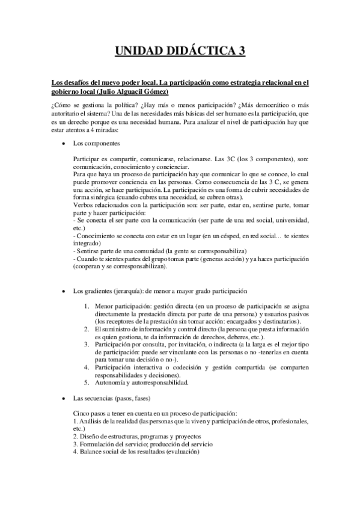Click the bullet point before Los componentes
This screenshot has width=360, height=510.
click(x=64, y=144)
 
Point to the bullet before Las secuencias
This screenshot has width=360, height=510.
click(x=64, y=399)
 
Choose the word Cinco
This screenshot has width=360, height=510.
click(x=81, y=414)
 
